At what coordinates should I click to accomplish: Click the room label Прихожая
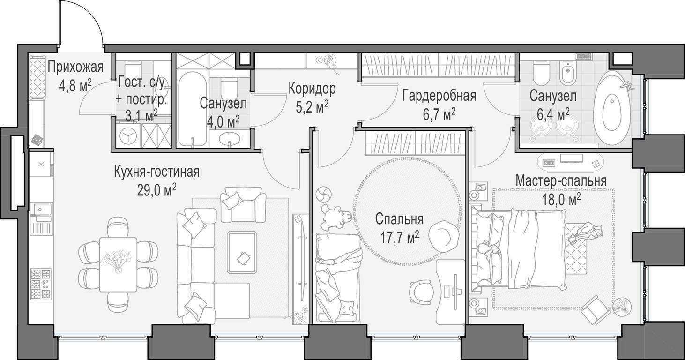(x=75, y=67)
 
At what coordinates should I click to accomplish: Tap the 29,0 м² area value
(x=156, y=190)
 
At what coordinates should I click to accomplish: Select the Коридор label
(x=312, y=89)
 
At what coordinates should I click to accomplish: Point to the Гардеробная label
(x=439, y=96)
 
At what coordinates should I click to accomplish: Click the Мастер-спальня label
(x=561, y=180)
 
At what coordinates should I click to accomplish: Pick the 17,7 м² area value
(x=399, y=237)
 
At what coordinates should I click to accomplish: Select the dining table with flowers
(x=118, y=264)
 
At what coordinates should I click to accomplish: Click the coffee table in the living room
(x=242, y=252)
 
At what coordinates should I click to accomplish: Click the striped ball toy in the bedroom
(x=324, y=194)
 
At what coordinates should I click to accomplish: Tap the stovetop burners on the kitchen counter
(x=41, y=284)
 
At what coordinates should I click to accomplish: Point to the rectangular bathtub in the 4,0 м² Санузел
(x=193, y=109)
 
